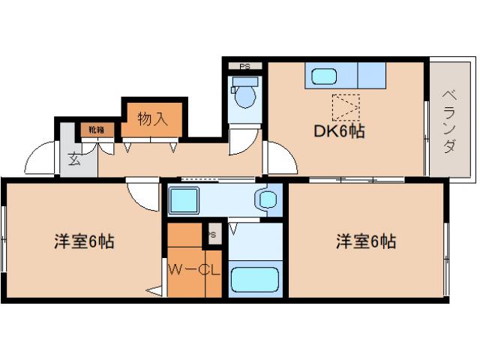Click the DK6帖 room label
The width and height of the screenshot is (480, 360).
pos(339,132)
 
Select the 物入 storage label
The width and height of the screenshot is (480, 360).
pos(152,118)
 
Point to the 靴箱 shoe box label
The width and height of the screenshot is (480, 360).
pos(97,130)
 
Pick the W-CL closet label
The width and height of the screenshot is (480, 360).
pos(193,269)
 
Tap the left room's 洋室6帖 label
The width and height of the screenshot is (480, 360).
pos(83,242)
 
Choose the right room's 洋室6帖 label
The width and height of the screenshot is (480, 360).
pos(365,242)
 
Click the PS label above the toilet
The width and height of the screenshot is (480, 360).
pos(244,67)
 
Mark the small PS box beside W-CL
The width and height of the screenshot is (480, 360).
pos(212,234)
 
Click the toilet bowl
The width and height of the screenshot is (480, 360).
pos(244,96)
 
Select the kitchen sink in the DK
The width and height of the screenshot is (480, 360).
pos(325,76)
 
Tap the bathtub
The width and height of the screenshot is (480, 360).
pos(255,280)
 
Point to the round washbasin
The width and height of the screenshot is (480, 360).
pos(266,199)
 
